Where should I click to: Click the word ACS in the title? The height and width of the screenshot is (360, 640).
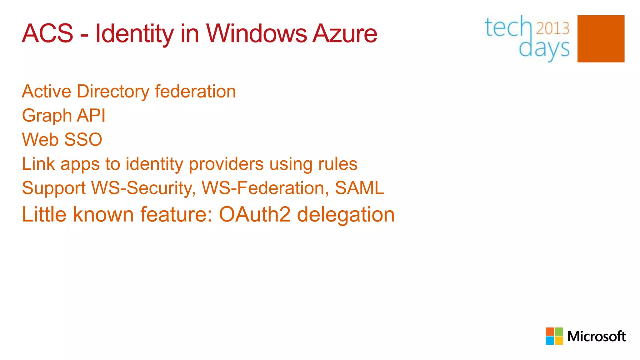click(x=47, y=33)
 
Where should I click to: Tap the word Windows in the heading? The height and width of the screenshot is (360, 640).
click(x=256, y=33)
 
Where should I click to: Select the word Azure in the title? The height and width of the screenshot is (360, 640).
click(x=345, y=33)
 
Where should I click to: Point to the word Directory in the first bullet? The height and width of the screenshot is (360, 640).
click(x=113, y=92)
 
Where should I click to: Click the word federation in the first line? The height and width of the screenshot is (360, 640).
click(x=195, y=91)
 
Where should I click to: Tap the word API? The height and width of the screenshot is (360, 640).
click(x=91, y=115)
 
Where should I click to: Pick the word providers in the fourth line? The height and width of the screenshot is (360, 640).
click(x=226, y=164)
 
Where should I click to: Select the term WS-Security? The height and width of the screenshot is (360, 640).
click(x=143, y=188)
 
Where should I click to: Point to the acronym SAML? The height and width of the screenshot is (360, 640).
click(x=359, y=188)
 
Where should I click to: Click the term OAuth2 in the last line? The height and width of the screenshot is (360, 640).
click(x=255, y=215)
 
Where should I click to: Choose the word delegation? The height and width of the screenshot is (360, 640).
click(x=346, y=215)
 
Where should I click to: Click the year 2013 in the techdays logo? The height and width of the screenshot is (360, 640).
click(x=552, y=28)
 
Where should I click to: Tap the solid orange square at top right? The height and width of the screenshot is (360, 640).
click(x=601, y=39)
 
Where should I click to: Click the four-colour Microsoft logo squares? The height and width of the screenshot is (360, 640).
click(x=554, y=336)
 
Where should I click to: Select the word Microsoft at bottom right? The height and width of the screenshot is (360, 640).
click(x=596, y=337)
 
